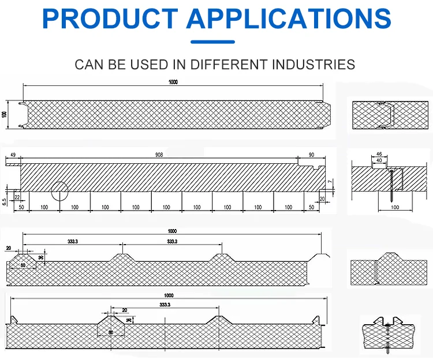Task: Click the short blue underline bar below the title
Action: [213, 42]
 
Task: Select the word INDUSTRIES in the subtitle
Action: [314, 64]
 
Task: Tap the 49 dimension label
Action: [13, 155]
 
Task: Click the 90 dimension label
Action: [312, 155]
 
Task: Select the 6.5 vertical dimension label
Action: [5, 201]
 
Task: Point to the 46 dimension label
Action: [379, 154]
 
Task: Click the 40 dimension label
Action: [379, 160]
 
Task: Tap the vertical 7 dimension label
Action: [330, 182]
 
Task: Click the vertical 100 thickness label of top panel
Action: [5, 114]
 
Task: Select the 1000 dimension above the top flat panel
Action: [173, 82]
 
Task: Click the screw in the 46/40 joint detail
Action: [391, 185]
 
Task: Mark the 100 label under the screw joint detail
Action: [395, 207]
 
